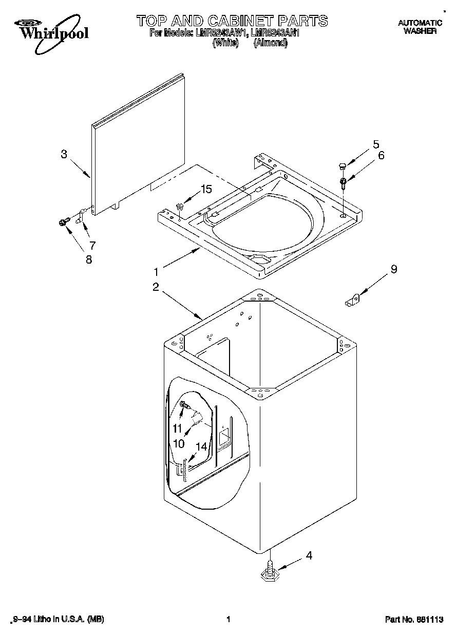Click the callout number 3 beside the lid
64,154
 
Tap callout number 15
206,189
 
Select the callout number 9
394,268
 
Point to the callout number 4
309,555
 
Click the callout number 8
89,259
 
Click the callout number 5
376,144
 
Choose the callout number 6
381,155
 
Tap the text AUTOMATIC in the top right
420,23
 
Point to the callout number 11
177,428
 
